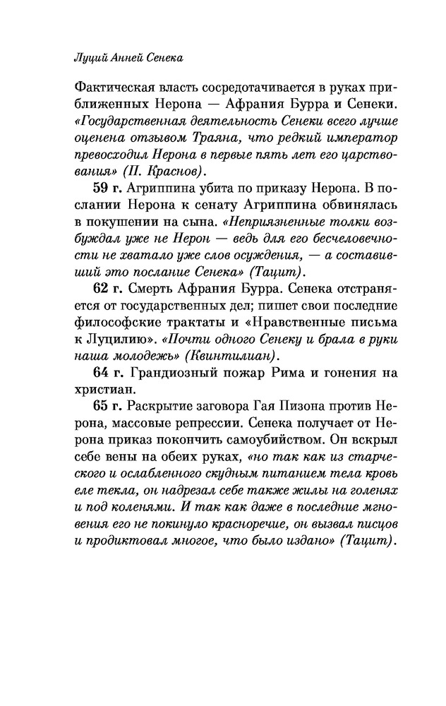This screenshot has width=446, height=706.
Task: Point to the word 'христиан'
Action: click(101, 388)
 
